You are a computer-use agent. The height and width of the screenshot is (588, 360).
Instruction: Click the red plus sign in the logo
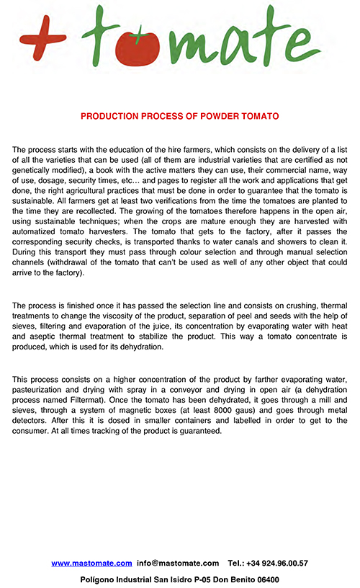[44, 34]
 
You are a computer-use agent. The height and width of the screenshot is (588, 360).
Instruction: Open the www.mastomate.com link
[91, 563]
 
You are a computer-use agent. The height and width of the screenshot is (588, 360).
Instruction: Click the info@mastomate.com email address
[178, 563]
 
